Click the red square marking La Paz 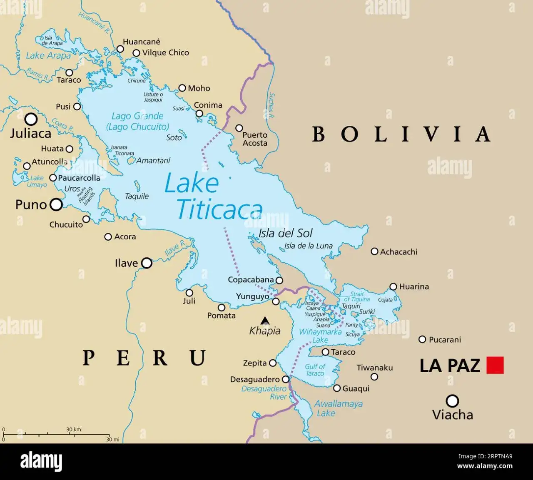click(x=495, y=365)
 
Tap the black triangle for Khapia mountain click(x=265, y=321)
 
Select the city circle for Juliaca click(x=31, y=119)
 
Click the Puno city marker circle click(x=56, y=204)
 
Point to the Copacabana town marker click(x=279, y=281)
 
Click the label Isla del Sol click(x=285, y=233)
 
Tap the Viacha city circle click(x=452, y=401)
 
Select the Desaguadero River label click(x=264, y=393)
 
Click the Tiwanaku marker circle click(x=374, y=377)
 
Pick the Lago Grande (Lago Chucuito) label click(x=137, y=122)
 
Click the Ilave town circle click(x=147, y=263)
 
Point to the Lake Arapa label click(x=48, y=56)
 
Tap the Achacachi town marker click(x=374, y=251)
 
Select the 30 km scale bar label click(x=74, y=429)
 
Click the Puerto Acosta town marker click(x=239, y=128)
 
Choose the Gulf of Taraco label click(x=315, y=370)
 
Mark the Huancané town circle click(x=120, y=49)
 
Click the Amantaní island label click(x=153, y=160)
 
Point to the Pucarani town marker click(x=422, y=340)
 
